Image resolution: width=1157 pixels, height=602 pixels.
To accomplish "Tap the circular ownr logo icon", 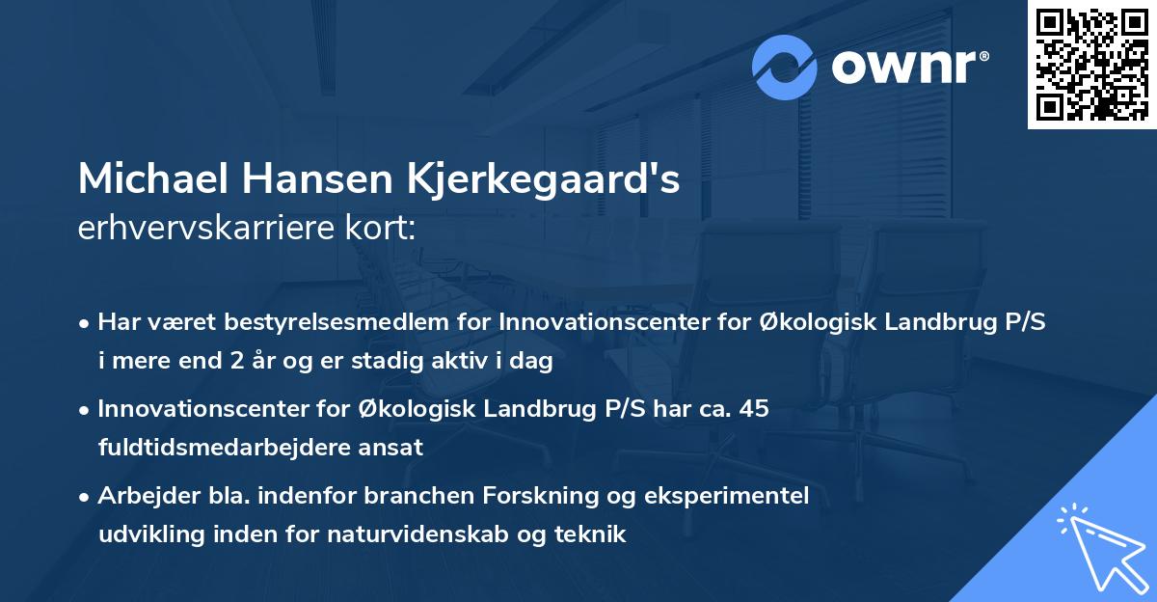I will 785,67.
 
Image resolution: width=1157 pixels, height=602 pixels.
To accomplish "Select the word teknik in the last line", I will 597,534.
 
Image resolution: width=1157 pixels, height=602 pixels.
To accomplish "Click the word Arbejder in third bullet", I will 139,496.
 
